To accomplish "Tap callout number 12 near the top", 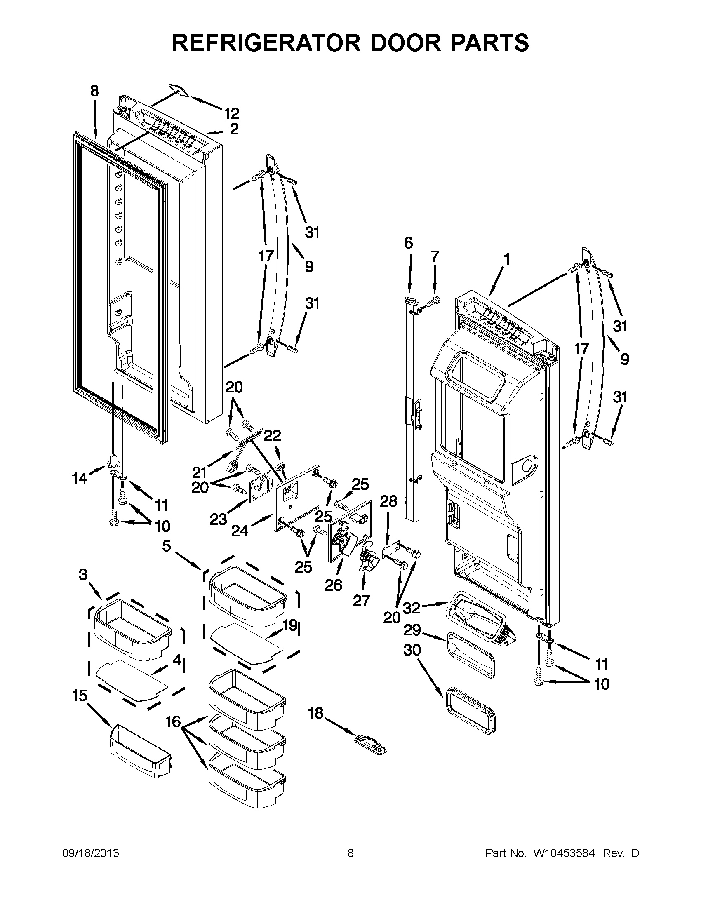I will tap(232, 113).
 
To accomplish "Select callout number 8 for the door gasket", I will tap(95, 92).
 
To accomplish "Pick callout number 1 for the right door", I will tap(507, 260).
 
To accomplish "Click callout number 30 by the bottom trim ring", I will tap(412, 650).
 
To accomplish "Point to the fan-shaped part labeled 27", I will tap(366, 557).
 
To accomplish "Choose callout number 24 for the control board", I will tap(240, 531).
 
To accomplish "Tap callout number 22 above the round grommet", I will tap(273, 436).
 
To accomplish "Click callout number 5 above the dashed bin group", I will tap(166, 546).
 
